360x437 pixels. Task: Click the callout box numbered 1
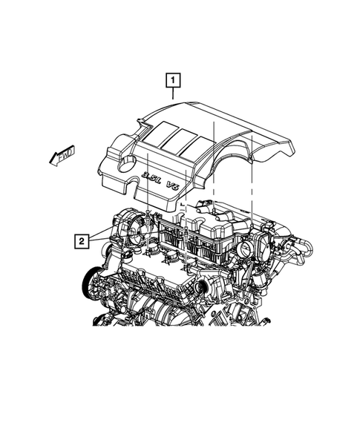click(172, 79)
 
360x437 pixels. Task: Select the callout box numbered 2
click(81, 240)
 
